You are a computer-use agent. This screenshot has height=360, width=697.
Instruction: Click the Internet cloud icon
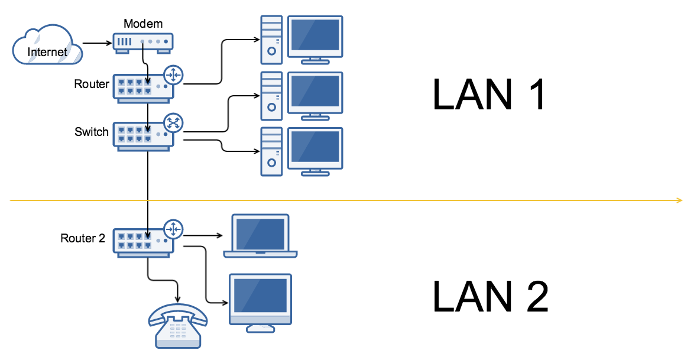tap(47, 44)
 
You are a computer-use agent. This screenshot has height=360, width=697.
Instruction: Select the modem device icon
tap(142, 43)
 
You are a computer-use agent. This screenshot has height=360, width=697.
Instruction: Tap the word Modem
tap(142, 24)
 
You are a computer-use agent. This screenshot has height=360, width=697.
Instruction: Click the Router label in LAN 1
tap(92, 84)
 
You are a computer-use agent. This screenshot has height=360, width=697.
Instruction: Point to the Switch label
tap(92, 131)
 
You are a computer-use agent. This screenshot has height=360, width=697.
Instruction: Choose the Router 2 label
tap(83, 238)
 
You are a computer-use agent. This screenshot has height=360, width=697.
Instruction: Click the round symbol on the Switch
tap(173, 122)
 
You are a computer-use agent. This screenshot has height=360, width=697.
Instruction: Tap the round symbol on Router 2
tap(174, 229)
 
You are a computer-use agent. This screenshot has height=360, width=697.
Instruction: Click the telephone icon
tap(177, 324)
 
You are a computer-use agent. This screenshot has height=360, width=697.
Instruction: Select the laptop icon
tap(260, 236)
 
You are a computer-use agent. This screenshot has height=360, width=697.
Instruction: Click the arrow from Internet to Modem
tap(97, 43)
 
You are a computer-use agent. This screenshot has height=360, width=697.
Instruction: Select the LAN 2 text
tap(490, 295)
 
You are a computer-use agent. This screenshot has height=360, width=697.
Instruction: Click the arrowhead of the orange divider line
tap(680, 201)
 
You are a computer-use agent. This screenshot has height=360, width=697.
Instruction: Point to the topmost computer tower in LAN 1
tap(271, 40)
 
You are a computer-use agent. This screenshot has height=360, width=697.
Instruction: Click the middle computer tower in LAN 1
tap(271, 96)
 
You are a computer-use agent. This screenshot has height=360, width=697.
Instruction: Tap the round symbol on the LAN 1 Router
tap(174, 75)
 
